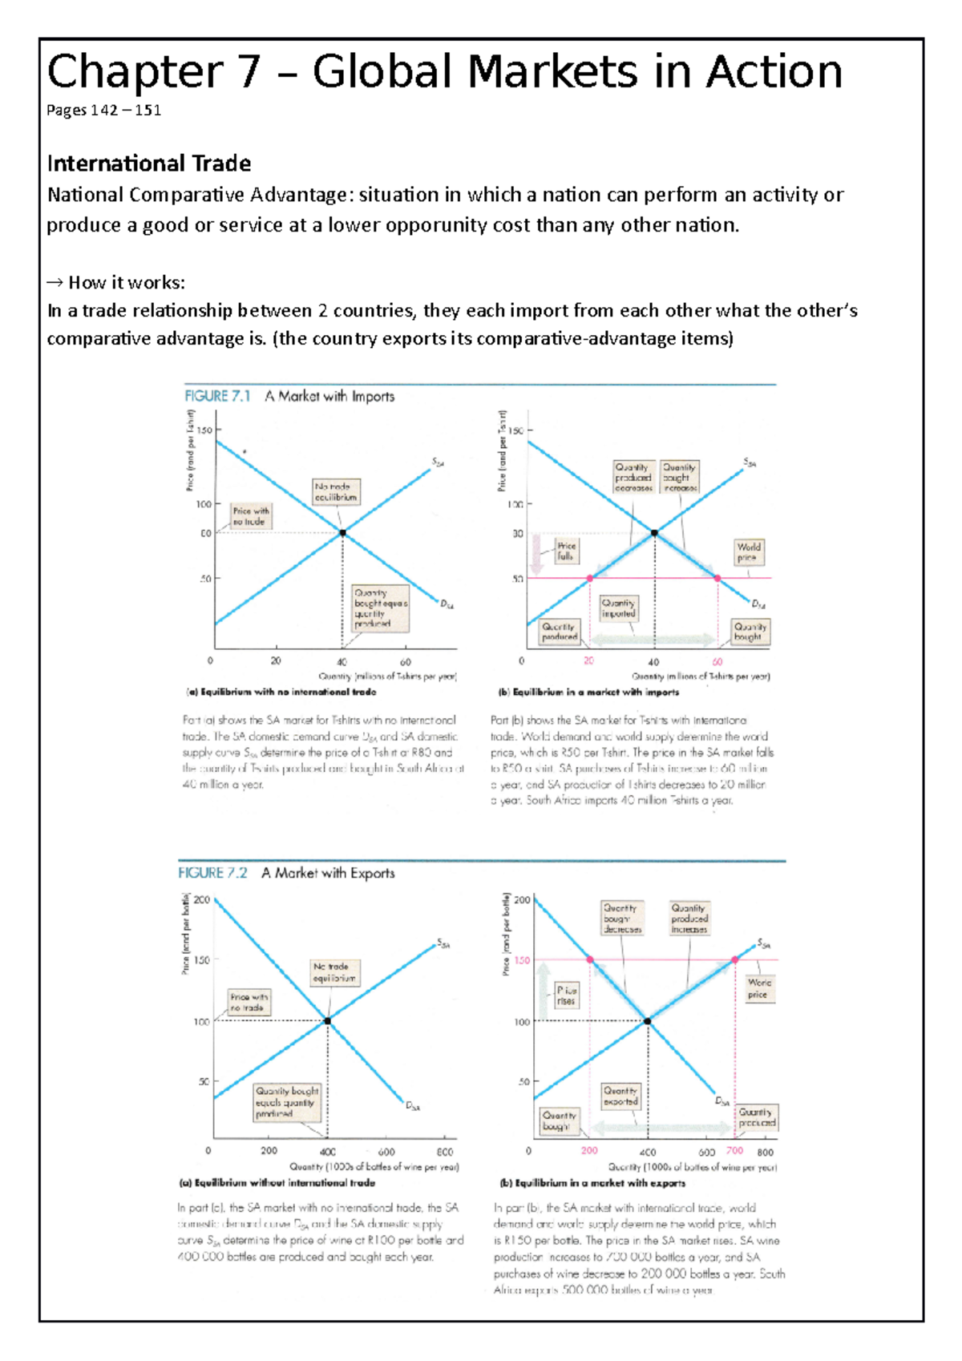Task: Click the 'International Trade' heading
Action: [149, 164]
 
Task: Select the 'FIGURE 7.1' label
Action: [217, 396]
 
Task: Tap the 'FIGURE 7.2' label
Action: [212, 873]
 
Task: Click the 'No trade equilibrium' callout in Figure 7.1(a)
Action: [336, 491]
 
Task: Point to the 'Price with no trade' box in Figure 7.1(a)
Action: [250, 515]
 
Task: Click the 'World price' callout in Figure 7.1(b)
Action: [749, 551]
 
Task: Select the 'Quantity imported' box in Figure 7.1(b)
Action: [619, 608]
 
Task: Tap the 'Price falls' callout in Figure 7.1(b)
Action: [566, 551]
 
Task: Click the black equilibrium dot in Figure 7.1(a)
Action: [342, 533]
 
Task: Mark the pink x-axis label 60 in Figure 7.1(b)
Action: [717, 662]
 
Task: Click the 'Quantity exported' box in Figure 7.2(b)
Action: [620, 1096]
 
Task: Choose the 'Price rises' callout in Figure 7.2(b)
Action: [566, 996]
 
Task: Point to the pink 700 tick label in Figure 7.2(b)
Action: [734, 1150]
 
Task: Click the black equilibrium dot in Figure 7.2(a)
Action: [327, 1021]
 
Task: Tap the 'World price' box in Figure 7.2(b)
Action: [758, 988]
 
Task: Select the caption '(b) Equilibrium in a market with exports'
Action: [592, 1183]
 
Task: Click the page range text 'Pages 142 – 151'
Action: [103, 111]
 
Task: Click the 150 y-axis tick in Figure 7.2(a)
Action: [202, 959]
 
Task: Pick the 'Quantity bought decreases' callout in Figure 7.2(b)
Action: [622, 919]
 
